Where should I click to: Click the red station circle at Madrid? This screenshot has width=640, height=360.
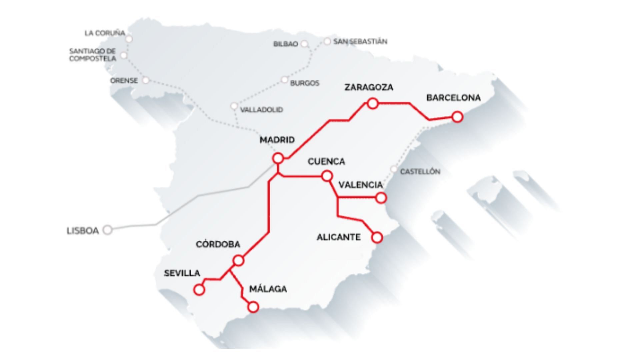point(278,158)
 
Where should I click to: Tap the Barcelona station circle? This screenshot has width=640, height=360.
point(457,117)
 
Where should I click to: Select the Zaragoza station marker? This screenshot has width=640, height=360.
point(372,103)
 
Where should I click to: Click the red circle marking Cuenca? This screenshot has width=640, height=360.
point(327,176)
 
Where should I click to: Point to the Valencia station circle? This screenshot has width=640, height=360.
point(381,198)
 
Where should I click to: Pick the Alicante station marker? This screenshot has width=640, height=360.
point(377,237)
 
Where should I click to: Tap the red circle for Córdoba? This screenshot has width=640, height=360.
point(238,260)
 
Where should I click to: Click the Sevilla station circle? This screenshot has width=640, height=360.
point(199,289)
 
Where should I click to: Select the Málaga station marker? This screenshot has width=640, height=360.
point(253,307)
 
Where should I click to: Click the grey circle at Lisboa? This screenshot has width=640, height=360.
point(107,230)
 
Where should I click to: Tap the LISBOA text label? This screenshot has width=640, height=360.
point(83,231)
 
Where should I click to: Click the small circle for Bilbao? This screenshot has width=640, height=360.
point(304,44)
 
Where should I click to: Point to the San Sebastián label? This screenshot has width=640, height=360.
point(360,41)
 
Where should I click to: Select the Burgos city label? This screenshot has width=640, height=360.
point(305,83)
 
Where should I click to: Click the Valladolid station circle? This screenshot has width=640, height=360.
point(234,106)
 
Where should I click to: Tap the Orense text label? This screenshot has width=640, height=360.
point(124,80)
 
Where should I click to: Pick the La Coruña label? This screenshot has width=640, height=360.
point(105,33)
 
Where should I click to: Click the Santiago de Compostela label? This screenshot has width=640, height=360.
point(93,55)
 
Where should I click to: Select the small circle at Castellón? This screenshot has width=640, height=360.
point(394,169)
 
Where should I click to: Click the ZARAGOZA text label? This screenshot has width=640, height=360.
point(369,87)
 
